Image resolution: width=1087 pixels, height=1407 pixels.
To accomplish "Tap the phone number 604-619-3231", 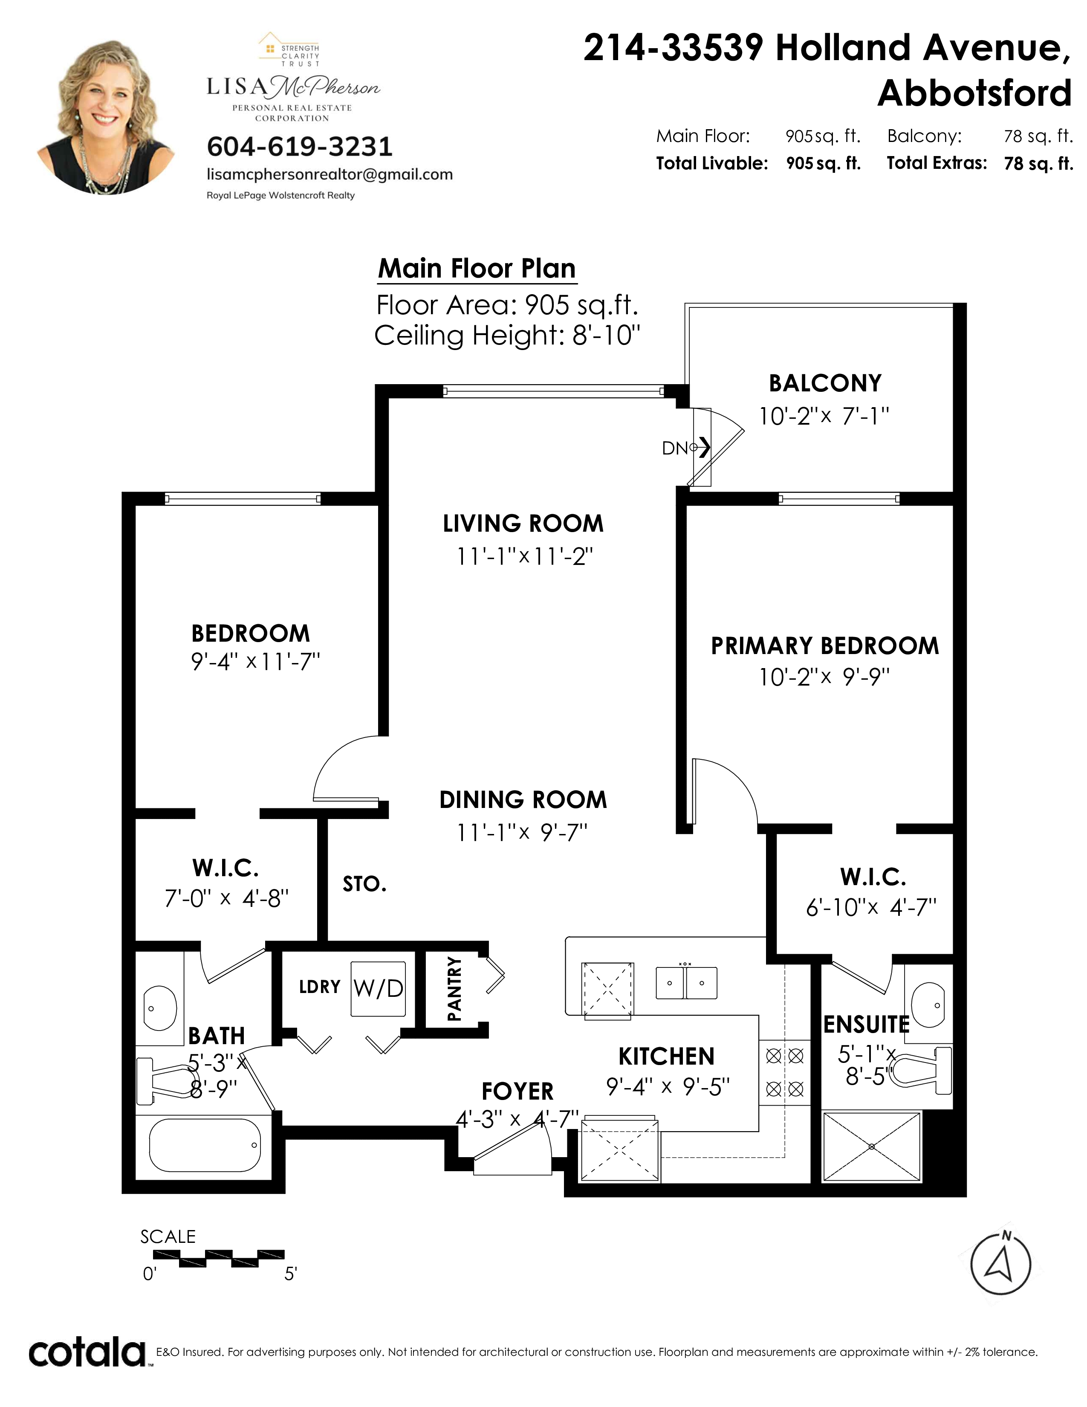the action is (x=299, y=147).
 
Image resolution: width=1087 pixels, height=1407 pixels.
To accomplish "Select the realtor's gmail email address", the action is (x=329, y=174).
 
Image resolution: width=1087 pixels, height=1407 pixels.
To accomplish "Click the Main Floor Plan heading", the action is (x=477, y=268).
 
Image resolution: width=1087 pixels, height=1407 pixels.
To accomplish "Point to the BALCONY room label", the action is (x=825, y=383).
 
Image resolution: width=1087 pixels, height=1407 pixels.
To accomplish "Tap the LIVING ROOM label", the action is (x=523, y=523).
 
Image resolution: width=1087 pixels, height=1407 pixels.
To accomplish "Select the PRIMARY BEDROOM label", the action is (x=825, y=646).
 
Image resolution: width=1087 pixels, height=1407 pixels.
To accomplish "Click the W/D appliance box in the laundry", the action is (x=378, y=989).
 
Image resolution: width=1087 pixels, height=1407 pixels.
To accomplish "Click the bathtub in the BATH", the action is (x=205, y=1145).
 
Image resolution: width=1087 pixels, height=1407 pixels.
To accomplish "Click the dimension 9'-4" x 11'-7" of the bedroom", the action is (x=256, y=662).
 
